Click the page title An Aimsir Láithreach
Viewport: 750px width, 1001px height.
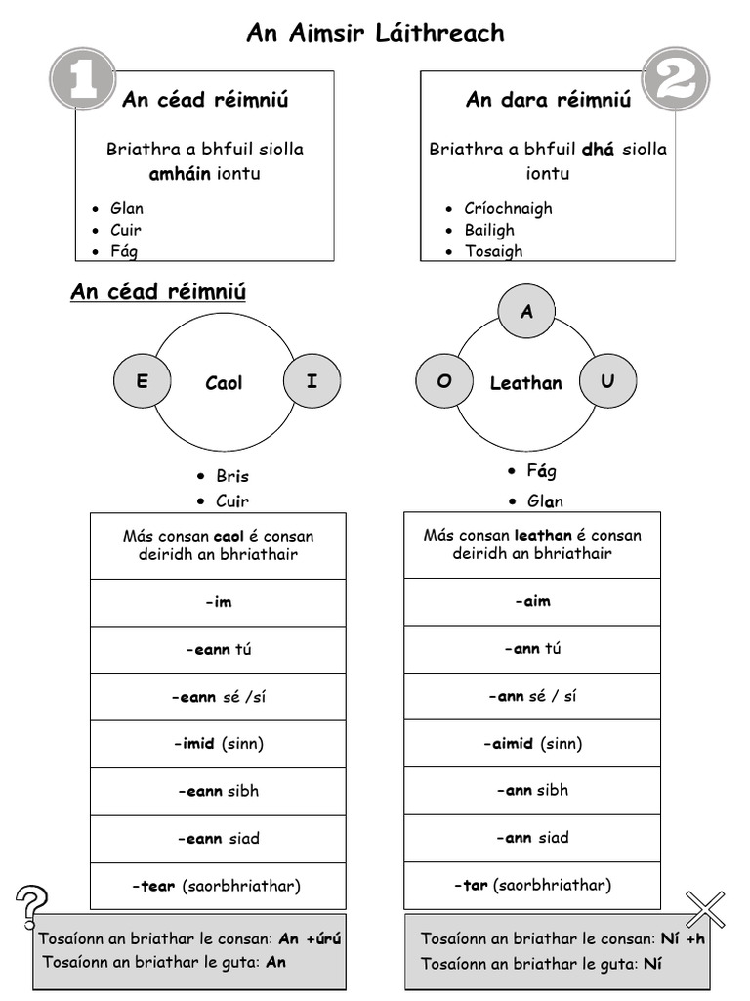pyautogui.click(x=375, y=33)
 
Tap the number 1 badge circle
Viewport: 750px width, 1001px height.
pyautogui.click(x=82, y=78)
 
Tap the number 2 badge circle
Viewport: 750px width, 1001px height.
pyautogui.click(x=675, y=78)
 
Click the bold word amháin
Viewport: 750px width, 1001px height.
pyautogui.click(x=180, y=174)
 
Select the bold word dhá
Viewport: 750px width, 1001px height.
pyautogui.click(x=599, y=150)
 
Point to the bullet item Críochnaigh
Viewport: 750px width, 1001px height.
pyautogui.click(x=508, y=208)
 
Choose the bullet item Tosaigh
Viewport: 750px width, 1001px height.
pyautogui.click(x=493, y=251)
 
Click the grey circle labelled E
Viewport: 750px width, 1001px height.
pyautogui.click(x=143, y=382)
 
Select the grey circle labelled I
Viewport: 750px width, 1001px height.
pyautogui.click(x=312, y=382)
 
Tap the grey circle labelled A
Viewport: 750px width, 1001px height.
pyautogui.click(x=527, y=312)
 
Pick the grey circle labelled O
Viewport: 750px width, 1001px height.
pyautogui.click(x=444, y=381)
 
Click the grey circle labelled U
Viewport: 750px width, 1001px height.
pyautogui.click(x=607, y=381)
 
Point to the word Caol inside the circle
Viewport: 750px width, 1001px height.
pyautogui.click(x=224, y=383)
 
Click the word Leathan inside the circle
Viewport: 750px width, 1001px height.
pyautogui.click(x=525, y=383)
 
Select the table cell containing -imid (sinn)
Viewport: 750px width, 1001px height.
pyautogui.click(x=218, y=744)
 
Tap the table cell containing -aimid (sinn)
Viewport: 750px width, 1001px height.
pyautogui.click(x=532, y=744)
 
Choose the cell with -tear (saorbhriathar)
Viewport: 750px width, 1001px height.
pyautogui.click(x=218, y=887)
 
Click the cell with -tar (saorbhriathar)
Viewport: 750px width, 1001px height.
pyautogui.click(x=532, y=886)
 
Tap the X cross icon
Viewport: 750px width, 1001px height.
pyautogui.click(x=705, y=909)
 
